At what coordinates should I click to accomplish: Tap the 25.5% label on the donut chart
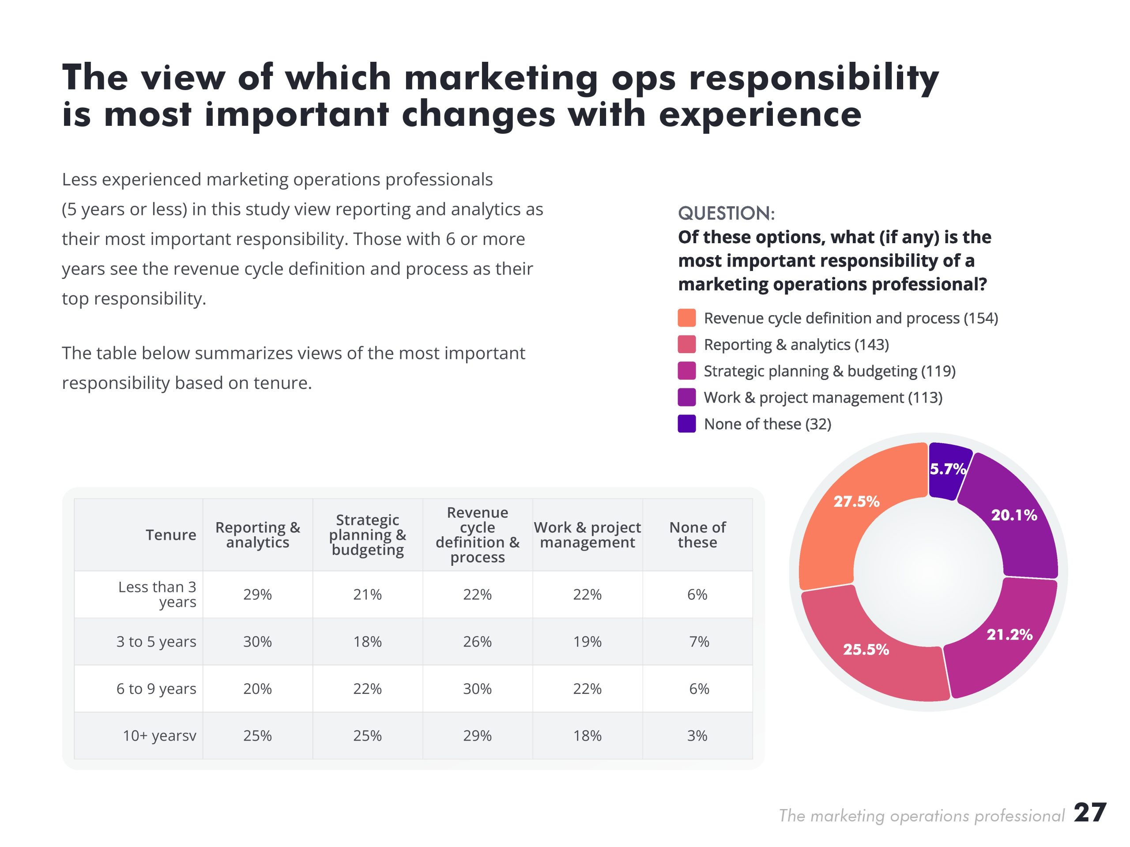(866, 649)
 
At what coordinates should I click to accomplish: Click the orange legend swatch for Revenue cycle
(686, 318)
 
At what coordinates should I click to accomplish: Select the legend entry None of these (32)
(767, 424)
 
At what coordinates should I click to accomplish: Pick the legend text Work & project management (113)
(822, 397)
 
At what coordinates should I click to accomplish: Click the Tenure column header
(171, 535)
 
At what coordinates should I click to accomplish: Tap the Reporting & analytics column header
(257, 535)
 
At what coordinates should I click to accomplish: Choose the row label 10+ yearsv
(159, 736)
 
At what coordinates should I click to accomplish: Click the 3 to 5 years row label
(156, 642)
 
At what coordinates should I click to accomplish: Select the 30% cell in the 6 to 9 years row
(477, 689)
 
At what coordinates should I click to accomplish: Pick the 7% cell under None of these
(698, 642)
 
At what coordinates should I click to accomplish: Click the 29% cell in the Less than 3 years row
(257, 595)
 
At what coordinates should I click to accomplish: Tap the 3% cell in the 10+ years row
(697, 736)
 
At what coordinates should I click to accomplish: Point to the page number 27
(1090, 813)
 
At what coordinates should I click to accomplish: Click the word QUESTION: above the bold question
(726, 214)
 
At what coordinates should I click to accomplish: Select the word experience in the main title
(760, 114)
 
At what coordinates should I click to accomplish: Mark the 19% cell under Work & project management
(588, 642)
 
